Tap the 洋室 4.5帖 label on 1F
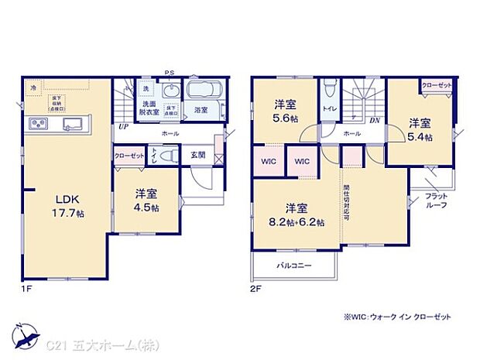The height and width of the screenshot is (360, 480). click(x=144, y=202)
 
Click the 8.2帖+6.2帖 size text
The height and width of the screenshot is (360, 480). click(x=297, y=221)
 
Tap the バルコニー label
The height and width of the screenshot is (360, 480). click(x=293, y=266)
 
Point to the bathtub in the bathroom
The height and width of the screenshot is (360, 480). click(x=204, y=90)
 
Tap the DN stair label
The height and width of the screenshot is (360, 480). click(x=375, y=121)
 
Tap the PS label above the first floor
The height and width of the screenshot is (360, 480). click(x=170, y=74)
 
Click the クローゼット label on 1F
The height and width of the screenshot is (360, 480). click(x=129, y=156)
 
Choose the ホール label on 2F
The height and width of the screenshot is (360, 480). click(x=351, y=134)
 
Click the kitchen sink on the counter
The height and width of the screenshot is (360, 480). click(x=74, y=124)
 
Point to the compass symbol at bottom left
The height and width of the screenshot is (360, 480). click(x=26, y=334)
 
